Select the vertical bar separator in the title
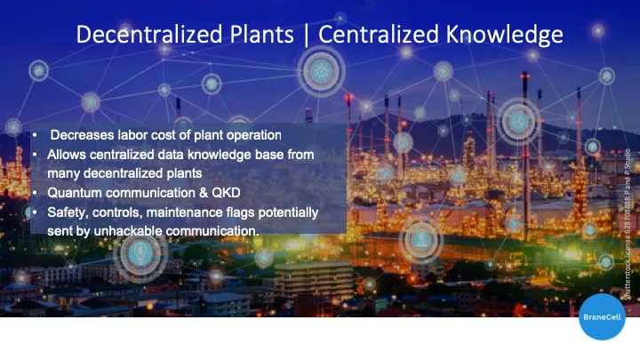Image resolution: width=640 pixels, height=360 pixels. pyautogui.click(x=308, y=35)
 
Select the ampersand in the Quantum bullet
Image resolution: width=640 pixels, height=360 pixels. pyautogui.click(x=208, y=192)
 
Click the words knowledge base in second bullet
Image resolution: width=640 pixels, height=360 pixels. pyautogui.click(x=260, y=155)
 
